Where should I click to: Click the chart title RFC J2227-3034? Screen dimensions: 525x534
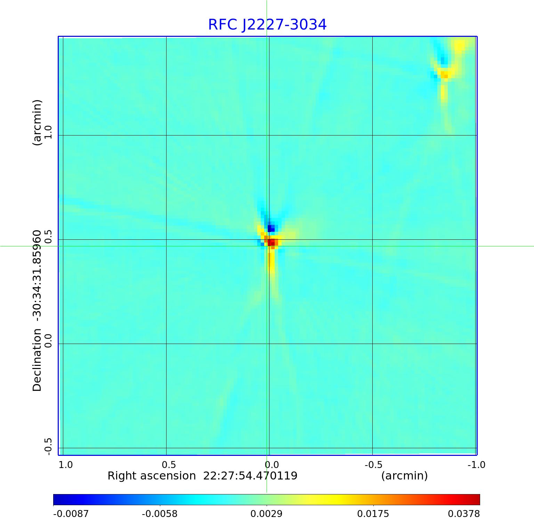click(x=267, y=25)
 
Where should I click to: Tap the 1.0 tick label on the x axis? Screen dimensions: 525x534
click(x=66, y=465)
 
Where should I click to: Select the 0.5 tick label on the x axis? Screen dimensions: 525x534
click(x=169, y=465)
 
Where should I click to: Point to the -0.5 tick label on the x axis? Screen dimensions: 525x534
click(x=373, y=465)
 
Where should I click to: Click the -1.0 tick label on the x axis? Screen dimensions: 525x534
click(x=476, y=465)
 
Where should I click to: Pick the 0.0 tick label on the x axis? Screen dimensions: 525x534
click(x=272, y=465)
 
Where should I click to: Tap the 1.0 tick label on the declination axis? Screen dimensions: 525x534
click(x=48, y=132)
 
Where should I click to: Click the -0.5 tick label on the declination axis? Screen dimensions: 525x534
click(x=48, y=446)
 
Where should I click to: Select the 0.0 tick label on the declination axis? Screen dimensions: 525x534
click(x=48, y=341)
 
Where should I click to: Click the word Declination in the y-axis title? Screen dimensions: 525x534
click(x=37, y=360)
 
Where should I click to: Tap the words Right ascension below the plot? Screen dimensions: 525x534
click(x=152, y=476)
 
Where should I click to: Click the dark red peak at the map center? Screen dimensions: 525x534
click(x=272, y=242)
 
